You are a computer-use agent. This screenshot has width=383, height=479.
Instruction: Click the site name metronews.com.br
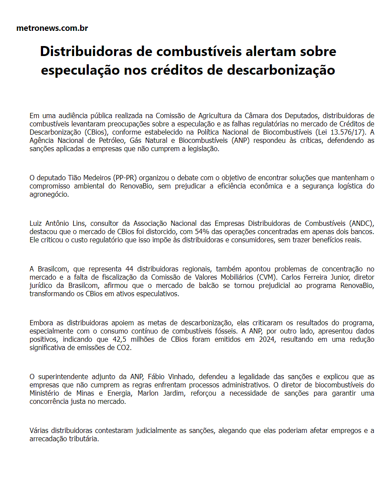[x=52, y=28]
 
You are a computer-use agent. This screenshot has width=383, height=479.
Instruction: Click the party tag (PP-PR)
[x=125, y=178]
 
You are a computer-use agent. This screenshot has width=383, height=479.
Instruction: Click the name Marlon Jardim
[x=155, y=393]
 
